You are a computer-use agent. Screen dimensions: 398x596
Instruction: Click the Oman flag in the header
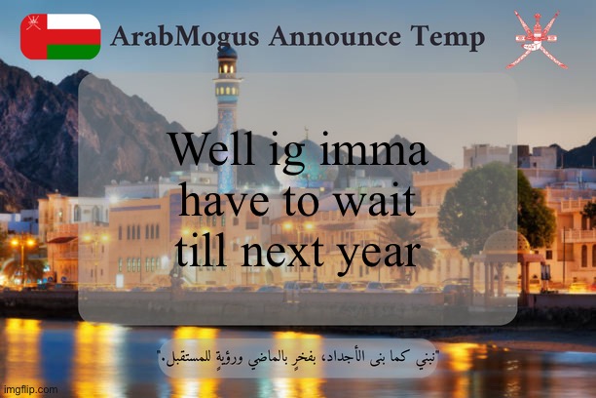[x=60, y=37]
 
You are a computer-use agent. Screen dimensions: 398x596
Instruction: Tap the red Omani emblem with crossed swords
[x=536, y=39]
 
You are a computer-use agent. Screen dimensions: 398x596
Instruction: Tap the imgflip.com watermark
[x=29, y=389]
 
